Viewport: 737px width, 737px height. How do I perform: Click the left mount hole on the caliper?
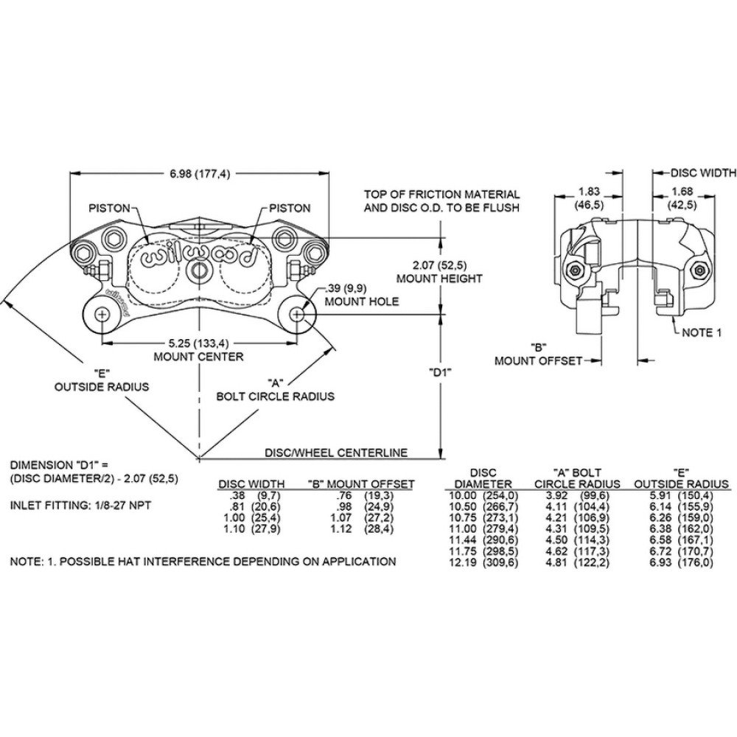(101, 313)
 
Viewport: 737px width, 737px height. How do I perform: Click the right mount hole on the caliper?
(296, 313)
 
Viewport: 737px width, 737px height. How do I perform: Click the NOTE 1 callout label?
(701, 332)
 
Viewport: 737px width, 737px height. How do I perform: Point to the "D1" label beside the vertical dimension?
(440, 373)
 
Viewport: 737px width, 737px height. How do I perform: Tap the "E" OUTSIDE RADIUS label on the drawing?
(102, 380)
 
